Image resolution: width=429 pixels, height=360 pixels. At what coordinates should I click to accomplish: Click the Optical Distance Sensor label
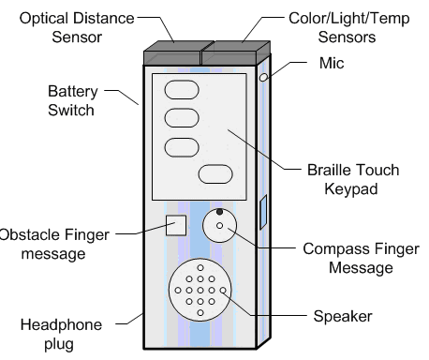[x=77, y=27]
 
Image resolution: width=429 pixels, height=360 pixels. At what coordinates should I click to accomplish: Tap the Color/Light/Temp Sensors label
[x=348, y=27]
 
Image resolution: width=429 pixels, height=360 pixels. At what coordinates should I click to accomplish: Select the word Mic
[x=332, y=63]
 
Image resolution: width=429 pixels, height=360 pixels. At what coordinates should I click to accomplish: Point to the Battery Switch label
[x=72, y=100]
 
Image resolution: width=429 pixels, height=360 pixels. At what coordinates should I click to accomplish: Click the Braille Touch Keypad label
[x=353, y=179]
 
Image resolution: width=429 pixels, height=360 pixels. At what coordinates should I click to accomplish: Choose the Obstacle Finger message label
[x=54, y=244]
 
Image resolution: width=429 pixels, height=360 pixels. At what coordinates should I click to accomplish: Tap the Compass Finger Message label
[x=361, y=258]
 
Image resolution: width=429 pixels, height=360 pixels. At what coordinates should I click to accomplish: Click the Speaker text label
[x=343, y=316]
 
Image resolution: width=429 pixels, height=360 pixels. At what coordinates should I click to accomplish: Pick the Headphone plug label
[x=61, y=335]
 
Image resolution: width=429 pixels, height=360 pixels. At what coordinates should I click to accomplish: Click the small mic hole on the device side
[x=264, y=77]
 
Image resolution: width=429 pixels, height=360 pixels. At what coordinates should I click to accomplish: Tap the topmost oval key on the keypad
[x=182, y=90]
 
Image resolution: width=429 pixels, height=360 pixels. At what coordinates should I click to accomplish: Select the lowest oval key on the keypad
[x=215, y=173]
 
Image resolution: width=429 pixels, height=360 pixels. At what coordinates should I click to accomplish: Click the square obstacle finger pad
[x=176, y=225]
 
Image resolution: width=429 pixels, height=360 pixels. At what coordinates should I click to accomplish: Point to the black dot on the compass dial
[x=219, y=212]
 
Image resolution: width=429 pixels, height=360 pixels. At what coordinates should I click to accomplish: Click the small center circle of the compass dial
[x=219, y=225]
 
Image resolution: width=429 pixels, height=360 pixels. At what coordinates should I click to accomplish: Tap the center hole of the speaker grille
[x=200, y=291]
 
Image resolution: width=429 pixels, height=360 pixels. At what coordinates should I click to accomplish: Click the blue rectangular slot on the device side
[x=263, y=213]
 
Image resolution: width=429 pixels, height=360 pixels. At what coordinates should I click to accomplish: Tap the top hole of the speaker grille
[x=200, y=268]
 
